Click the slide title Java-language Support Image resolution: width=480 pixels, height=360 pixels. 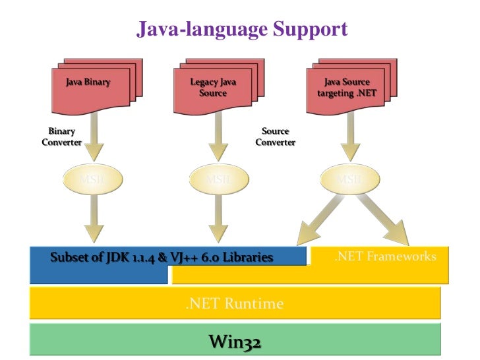(x=241, y=29)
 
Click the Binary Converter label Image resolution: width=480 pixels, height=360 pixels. (x=61, y=136)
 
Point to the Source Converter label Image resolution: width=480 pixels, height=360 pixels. (x=275, y=136)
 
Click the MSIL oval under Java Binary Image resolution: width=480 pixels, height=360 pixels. (x=92, y=179)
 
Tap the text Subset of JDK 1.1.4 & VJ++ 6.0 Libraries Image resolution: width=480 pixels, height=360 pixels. (x=162, y=257)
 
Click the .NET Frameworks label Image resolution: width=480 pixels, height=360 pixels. (x=385, y=256)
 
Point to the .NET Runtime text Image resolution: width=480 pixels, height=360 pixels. (x=234, y=304)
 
